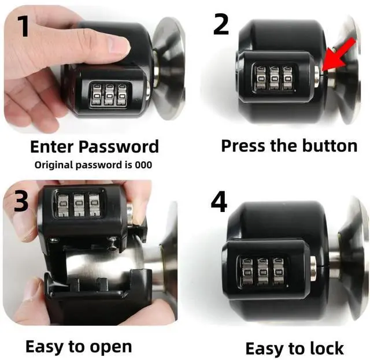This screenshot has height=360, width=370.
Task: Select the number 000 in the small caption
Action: [x=143, y=165]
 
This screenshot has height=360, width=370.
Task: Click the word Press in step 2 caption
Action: [x=243, y=145]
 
